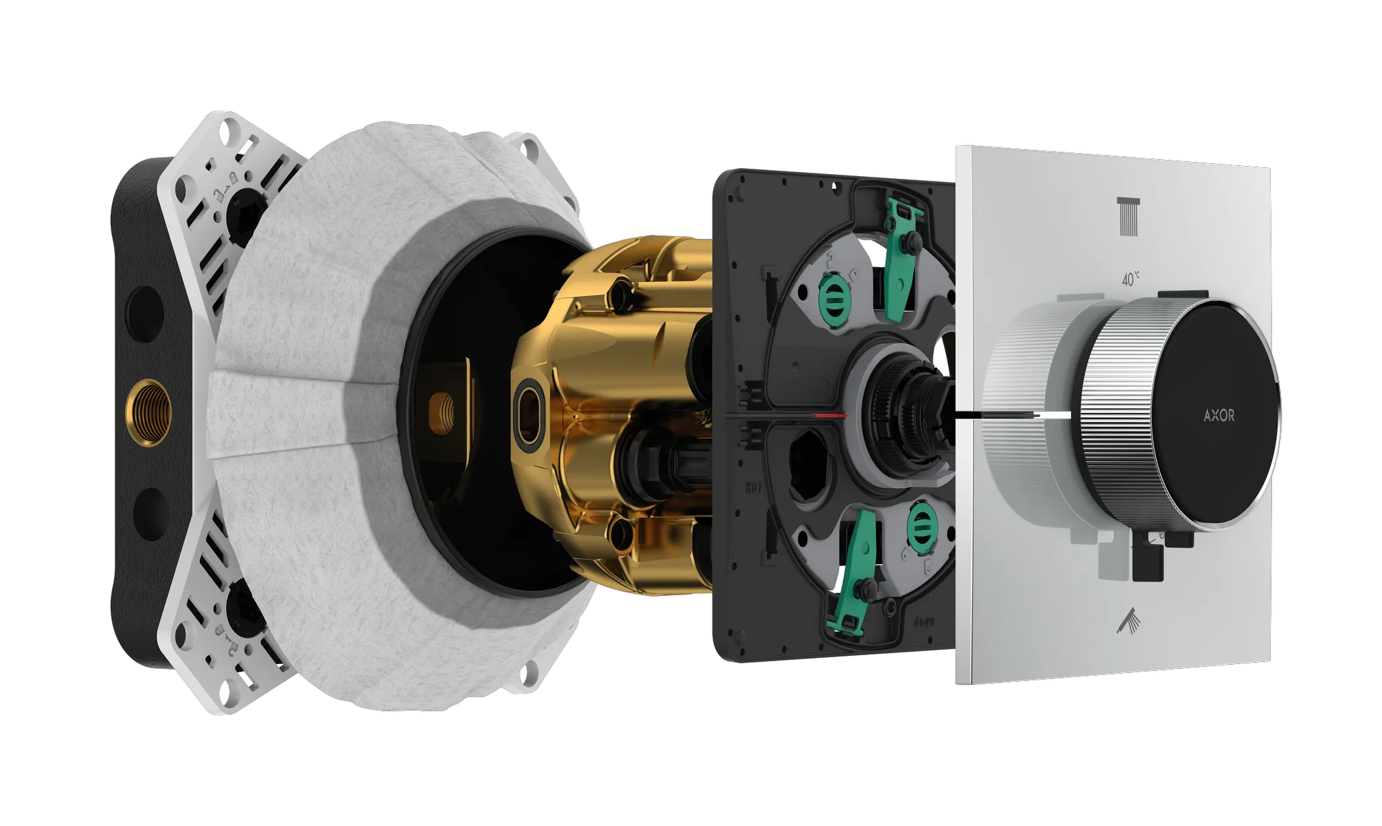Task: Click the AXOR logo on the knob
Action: pyautogui.click(x=1219, y=416)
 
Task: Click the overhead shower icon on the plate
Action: pyautogui.click(x=1128, y=217)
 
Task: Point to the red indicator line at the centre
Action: pyautogui.click(x=829, y=416)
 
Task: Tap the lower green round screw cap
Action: pyautogui.click(x=920, y=521)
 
